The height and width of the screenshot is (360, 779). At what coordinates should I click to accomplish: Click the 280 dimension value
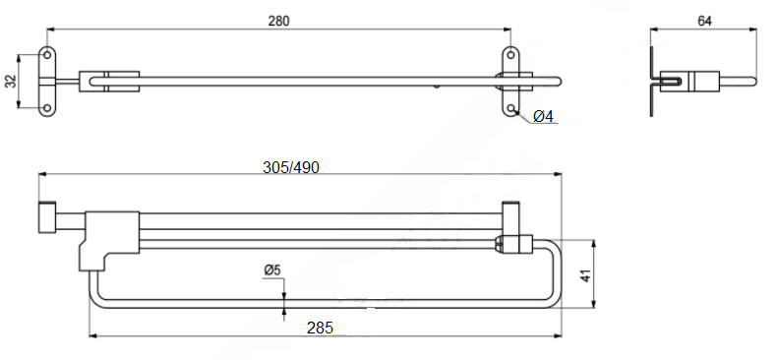click(278, 21)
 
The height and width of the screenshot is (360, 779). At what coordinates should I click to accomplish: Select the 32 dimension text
click(11, 81)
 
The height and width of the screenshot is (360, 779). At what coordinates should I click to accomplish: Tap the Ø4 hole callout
click(543, 117)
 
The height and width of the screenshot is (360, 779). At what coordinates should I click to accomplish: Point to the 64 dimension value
click(704, 21)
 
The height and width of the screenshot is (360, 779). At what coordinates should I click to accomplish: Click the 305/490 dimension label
click(291, 168)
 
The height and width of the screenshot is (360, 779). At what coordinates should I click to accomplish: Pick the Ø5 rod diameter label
click(272, 270)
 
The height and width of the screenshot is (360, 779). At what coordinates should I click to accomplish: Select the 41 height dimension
click(587, 275)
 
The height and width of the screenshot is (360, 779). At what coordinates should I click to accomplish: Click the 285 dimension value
click(320, 328)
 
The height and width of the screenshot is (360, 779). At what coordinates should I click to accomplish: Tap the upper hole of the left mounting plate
click(47, 54)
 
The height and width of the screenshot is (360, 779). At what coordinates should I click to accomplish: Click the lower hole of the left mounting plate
click(47, 108)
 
